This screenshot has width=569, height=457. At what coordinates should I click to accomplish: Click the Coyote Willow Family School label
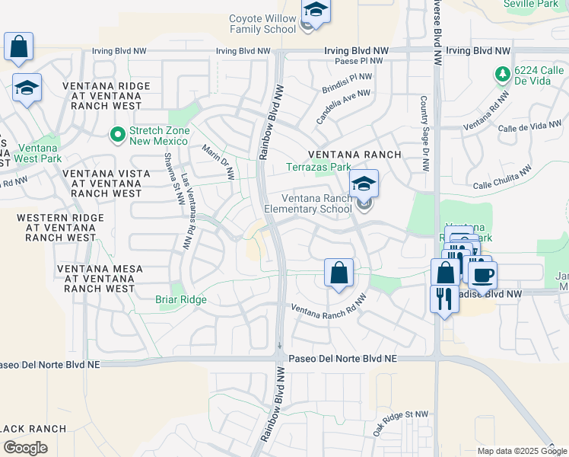[x=262, y=24]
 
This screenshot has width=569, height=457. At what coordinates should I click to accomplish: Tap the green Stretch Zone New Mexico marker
[x=117, y=135]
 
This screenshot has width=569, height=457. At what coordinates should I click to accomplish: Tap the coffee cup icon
[x=482, y=274]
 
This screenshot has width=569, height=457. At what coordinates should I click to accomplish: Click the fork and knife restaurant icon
[x=444, y=298]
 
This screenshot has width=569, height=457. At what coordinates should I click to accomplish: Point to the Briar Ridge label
[x=181, y=299]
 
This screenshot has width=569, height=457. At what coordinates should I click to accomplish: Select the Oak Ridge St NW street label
[x=401, y=423]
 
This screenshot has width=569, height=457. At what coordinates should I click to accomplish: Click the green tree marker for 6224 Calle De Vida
[x=501, y=74]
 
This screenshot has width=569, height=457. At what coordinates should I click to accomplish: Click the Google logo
[x=25, y=448]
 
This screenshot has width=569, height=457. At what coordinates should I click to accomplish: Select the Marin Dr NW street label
[x=218, y=161]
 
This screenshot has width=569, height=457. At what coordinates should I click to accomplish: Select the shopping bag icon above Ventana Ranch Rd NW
[x=339, y=273]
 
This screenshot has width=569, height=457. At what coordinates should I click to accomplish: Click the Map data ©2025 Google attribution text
[x=521, y=451]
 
